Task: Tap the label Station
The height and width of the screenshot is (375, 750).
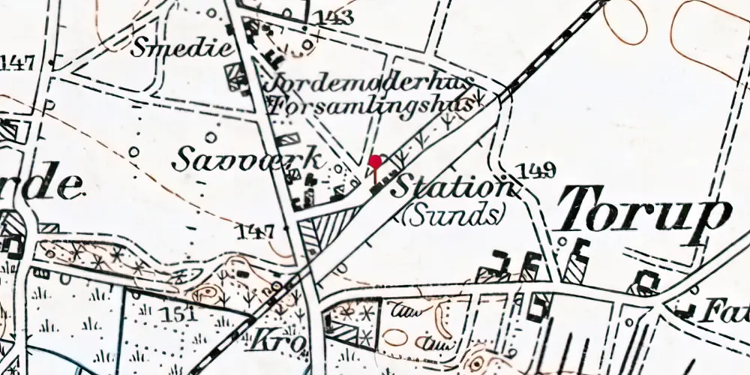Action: [x=452, y=187]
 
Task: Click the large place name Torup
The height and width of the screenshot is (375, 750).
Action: [x=643, y=213]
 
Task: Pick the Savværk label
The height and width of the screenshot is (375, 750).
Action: [x=248, y=158]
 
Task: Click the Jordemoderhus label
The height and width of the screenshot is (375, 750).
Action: [x=371, y=82]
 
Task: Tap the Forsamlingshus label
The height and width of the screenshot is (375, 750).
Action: [x=371, y=105]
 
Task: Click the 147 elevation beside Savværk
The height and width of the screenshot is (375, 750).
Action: [x=255, y=231]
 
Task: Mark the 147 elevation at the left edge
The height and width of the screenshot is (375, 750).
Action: [x=18, y=61]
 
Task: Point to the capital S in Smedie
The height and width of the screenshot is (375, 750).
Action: [x=139, y=47]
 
